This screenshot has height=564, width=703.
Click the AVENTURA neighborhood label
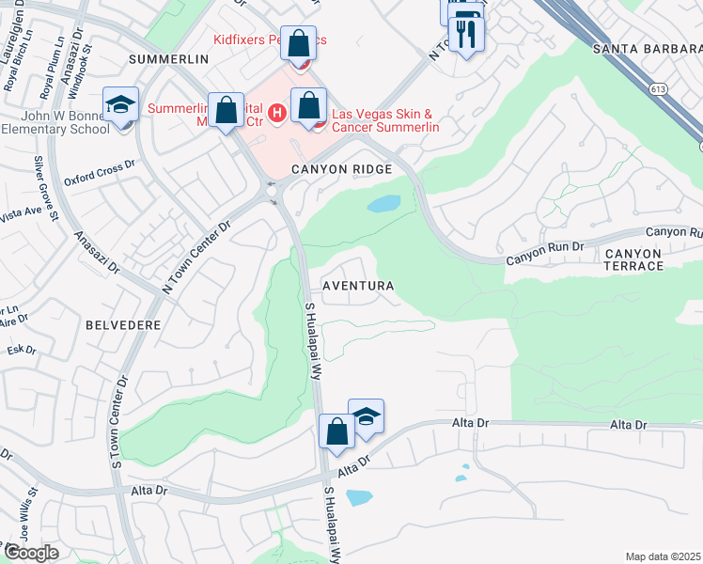click(357, 285)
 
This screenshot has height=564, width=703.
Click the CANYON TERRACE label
click(647, 260)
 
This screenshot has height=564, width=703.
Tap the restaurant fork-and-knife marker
click(465, 35)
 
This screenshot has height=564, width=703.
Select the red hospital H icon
click(276, 114)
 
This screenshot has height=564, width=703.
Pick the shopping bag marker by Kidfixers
click(299, 44)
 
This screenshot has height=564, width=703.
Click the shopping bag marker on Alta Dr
click(336, 432)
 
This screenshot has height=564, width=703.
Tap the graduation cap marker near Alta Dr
click(366, 417)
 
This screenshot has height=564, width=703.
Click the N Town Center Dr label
click(195, 258)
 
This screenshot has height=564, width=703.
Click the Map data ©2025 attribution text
click(663, 556)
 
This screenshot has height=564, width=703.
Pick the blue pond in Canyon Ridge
click(383, 203)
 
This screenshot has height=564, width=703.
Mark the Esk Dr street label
click(21, 350)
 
